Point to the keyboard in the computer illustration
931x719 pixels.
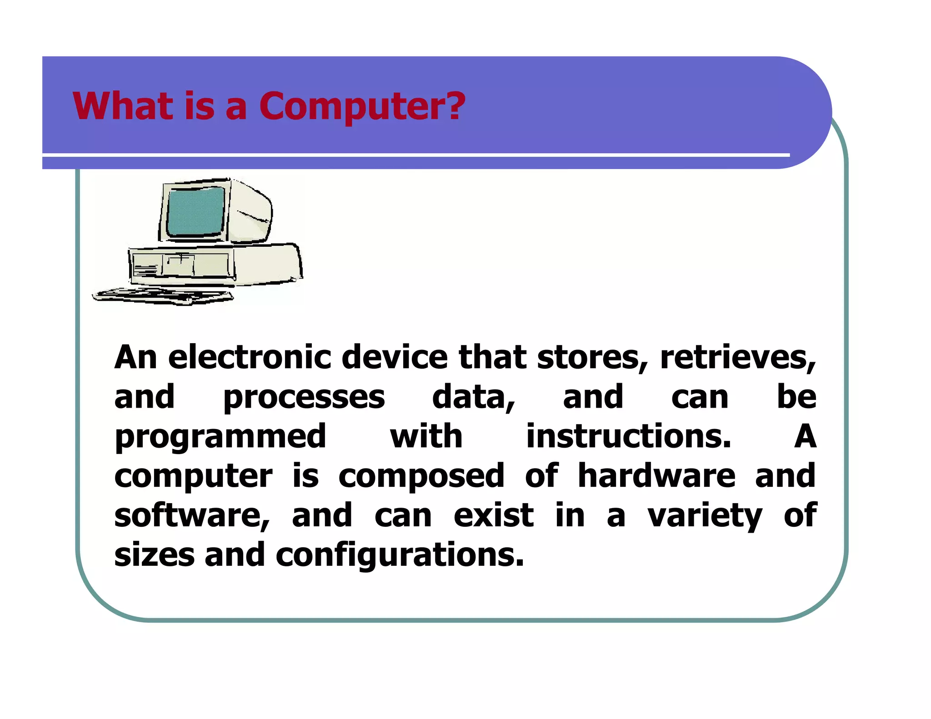tap(164, 296)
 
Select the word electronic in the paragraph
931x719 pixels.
tap(249, 358)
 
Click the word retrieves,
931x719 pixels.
tap(737, 358)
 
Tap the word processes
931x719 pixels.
tap(304, 397)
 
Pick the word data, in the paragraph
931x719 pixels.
tap(473, 397)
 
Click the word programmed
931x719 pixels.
tap(220, 437)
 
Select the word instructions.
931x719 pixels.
tap(629, 437)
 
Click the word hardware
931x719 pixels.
tap(656, 476)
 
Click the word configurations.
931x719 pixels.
tap(400, 555)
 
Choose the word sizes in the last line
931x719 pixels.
tap(154, 555)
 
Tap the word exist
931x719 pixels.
tap(494, 515)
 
